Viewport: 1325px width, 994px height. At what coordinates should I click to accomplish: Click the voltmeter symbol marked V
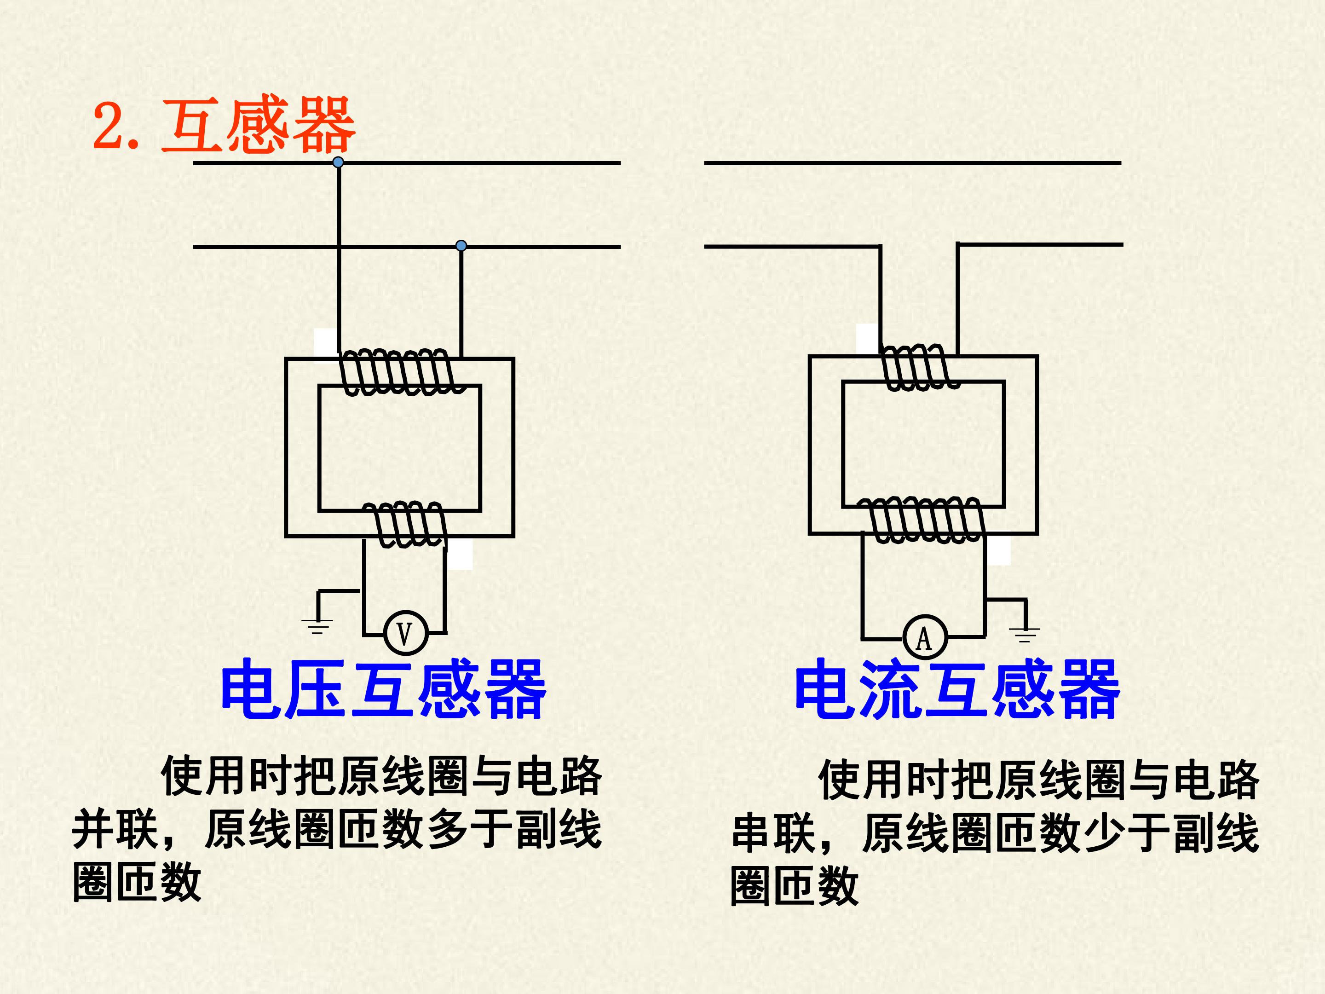[405, 633]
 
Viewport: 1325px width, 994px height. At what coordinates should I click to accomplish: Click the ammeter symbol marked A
[924, 637]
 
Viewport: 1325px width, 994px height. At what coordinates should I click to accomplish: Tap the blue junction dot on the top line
[338, 162]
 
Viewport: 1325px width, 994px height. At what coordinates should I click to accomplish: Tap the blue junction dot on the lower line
[461, 246]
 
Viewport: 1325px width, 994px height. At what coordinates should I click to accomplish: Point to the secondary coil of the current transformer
[922, 520]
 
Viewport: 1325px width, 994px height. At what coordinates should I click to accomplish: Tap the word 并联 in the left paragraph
[115, 829]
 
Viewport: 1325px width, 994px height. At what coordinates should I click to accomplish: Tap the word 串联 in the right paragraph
[773, 833]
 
